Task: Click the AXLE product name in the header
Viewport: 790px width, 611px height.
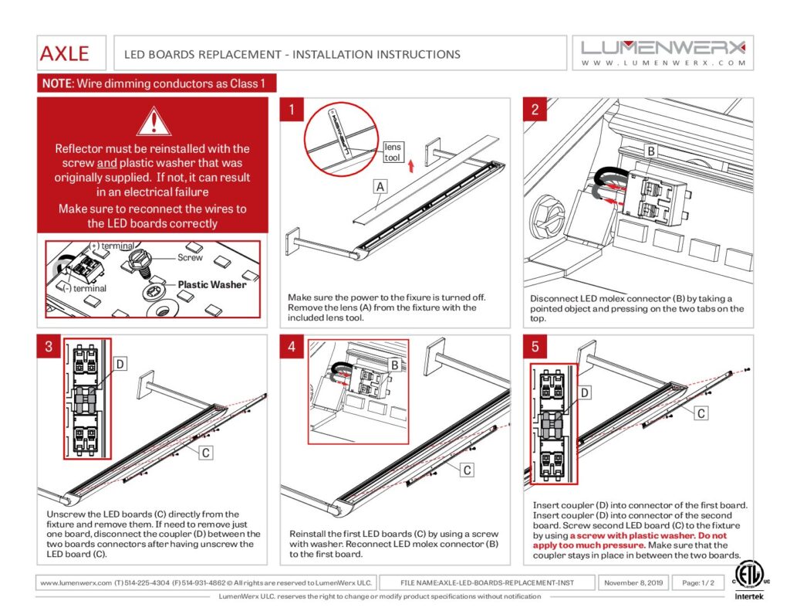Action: click(x=65, y=53)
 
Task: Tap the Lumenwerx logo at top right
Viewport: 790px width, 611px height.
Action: click(x=663, y=53)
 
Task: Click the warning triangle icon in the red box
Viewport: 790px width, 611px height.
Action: click(x=154, y=122)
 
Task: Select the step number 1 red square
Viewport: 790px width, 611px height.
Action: click(x=291, y=109)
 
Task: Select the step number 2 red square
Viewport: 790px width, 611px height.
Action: click(x=535, y=109)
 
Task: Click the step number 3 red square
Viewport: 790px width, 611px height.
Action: click(x=48, y=346)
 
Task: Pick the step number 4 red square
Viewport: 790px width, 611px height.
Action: click(x=291, y=346)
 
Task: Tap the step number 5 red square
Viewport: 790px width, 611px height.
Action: click(x=535, y=346)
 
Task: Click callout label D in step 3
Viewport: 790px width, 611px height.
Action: click(x=120, y=363)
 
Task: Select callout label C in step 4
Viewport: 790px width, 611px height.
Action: click(x=467, y=469)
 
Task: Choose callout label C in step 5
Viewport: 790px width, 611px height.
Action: click(x=701, y=413)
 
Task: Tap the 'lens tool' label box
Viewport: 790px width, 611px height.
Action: click(x=393, y=151)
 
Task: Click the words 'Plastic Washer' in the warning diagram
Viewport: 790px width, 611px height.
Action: click(x=212, y=284)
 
